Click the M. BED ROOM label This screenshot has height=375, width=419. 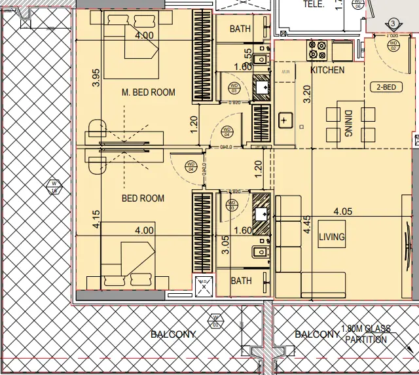149,92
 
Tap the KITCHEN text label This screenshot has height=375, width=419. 327,70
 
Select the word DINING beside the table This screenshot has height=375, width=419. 349,122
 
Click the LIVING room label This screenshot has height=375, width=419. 331,237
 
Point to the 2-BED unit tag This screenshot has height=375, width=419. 386,87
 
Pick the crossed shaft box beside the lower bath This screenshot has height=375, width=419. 204,285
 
